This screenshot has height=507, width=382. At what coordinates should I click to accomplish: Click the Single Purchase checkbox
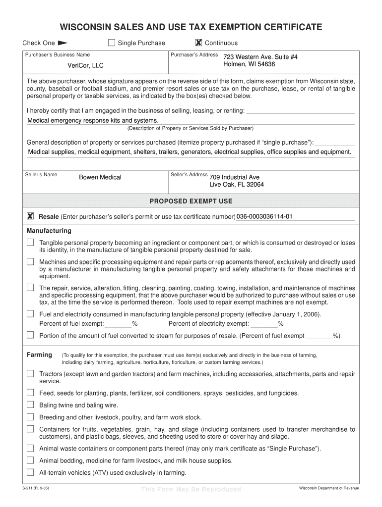[x=112, y=43]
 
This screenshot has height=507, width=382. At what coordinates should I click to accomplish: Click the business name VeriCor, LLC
[x=86, y=65]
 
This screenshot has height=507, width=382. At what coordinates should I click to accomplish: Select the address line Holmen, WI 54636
[x=249, y=64]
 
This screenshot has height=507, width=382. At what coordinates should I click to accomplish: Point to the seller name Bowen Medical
[x=100, y=177]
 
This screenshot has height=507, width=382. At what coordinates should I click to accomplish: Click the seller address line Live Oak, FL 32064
[x=237, y=185]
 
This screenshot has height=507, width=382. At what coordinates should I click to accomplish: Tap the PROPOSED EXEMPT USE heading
[x=191, y=201]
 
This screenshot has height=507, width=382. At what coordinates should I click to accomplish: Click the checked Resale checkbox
[x=30, y=216]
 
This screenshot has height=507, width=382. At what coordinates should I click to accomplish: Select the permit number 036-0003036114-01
[x=264, y=217]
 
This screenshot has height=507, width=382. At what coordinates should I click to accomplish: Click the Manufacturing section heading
[x=49, y=231]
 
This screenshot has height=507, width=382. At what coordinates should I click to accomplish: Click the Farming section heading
[x=39, y=355]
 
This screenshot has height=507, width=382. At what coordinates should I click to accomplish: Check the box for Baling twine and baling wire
[x=30, y=405]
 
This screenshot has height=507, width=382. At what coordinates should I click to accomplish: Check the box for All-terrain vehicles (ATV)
[x=30, y=472]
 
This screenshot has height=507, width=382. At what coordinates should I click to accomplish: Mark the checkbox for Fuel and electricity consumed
[x=30, y=314]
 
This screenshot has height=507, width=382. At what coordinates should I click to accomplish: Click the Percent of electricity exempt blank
[x=264, y=324]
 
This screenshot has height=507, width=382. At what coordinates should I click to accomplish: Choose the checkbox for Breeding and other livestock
[x=30, y=417]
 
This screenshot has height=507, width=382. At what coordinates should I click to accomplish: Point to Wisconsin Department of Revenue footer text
[x=328, y=488]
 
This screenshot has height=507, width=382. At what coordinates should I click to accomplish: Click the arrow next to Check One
[x=63, y=43]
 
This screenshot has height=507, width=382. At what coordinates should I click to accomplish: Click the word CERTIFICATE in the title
[x=283, y=27]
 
